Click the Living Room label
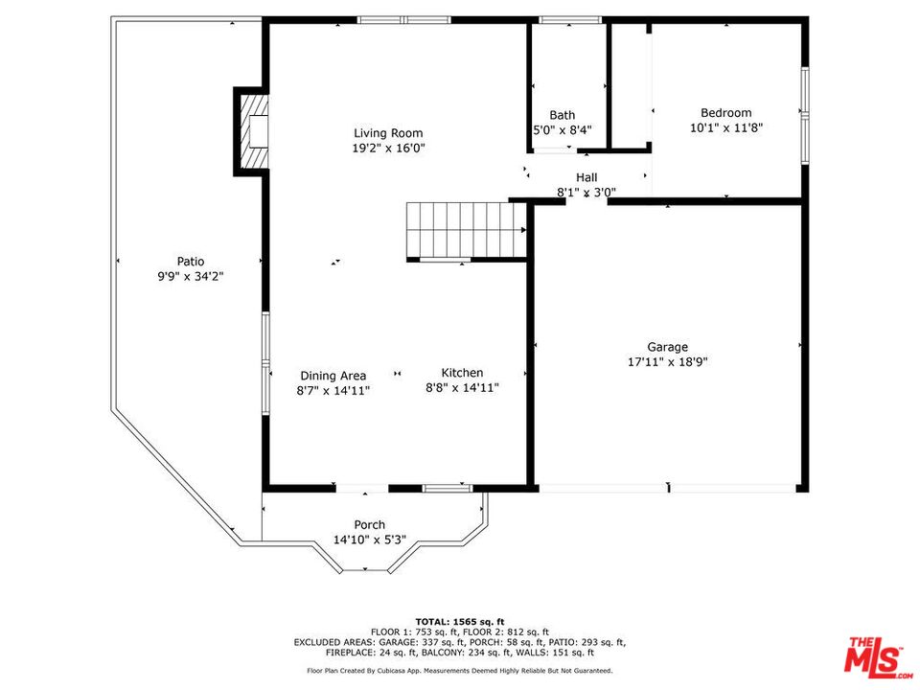[x=388, y=133]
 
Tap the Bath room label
[x=563, y=115]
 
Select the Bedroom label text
[x=725, y=113]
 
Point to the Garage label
[x=668, y=347]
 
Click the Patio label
[x=191, y=261]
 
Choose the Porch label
[x=370, y=524]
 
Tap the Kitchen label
[x=462, y=373]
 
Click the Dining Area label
[x=333, y=376]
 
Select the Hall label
[x=586, y=177]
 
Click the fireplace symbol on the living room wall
[x=252, y=131]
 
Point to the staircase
[x=466, y=230]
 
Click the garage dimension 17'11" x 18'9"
[x=668, y=361]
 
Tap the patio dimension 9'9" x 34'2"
[x=191, y=276]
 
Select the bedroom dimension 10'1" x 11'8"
[x=726, y=127]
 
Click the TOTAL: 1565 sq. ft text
[x=460, y=621]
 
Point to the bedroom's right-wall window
[x=805, y=115]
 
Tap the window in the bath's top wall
[x=570, y=20]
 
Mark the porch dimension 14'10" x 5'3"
[x=370, y=540]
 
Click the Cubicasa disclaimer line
[x=460, y=670]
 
